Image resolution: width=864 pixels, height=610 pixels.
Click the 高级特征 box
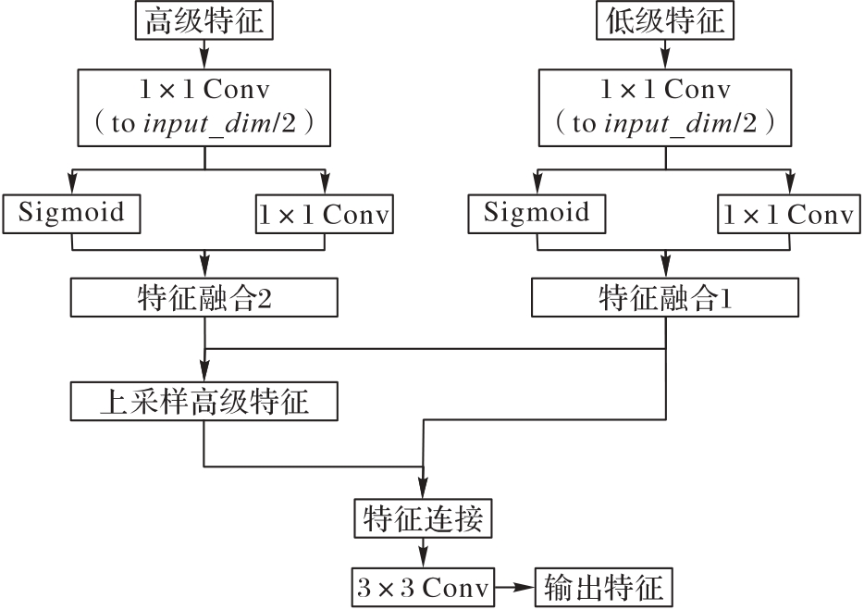204,20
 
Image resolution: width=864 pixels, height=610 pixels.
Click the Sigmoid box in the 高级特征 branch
71,214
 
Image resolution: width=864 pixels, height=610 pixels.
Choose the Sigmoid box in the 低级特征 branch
536,214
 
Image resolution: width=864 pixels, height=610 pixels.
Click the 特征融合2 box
204,298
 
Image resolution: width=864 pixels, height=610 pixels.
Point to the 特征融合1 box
664,298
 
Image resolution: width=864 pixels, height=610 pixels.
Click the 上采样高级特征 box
204,403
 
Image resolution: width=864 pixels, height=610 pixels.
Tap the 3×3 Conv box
424,587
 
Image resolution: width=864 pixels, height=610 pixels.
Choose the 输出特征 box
604,587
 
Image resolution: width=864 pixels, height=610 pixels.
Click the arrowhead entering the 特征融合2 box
204,271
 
